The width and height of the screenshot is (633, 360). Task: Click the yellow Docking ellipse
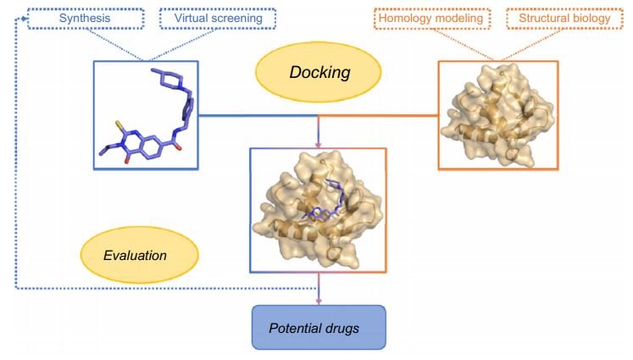(x=319, y=72)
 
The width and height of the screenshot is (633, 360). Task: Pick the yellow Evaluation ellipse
(x=138, y=253)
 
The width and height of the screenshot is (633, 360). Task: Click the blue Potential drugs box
(x=319, y=326)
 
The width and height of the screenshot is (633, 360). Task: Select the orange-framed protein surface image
(x=497, y=114)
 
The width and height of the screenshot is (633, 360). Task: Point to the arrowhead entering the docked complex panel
(x=319, y=142)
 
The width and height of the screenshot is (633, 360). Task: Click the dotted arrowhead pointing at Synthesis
(x=22, y=17)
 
